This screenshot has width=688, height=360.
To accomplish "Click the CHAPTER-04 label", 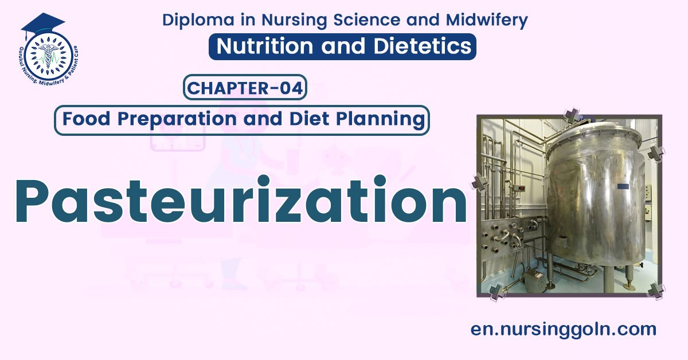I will click(x=245, y=89).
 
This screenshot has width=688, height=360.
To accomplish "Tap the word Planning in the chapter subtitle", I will click(x=385, y=120).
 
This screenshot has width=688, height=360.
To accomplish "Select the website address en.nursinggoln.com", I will click(x=563, y=329).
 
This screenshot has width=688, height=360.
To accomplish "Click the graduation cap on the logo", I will click(x=42, y=24).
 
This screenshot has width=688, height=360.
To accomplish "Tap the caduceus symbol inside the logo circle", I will click(x=45, y=55).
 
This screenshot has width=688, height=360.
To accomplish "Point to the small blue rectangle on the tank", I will click(x=623, y=186).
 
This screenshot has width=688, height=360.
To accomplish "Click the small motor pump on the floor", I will click(x=534, y=280).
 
